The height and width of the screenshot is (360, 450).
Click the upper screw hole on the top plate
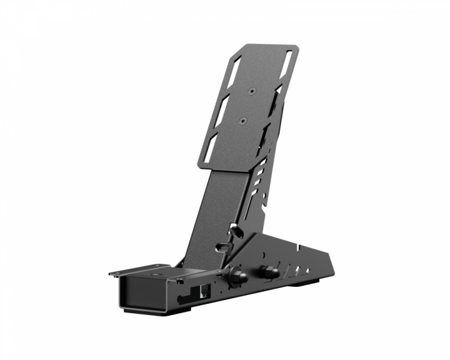[251, 91]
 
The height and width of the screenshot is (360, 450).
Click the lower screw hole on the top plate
[242, 117]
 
